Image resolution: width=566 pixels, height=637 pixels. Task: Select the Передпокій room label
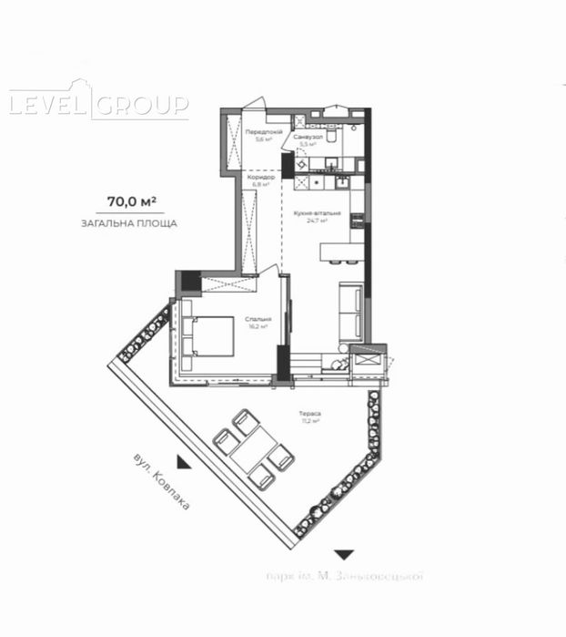[263, 135]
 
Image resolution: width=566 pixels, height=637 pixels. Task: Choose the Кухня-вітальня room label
[318, 215]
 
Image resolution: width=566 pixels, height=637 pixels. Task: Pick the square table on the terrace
[254, 449]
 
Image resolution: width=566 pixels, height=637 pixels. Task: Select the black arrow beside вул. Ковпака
[185, 463]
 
